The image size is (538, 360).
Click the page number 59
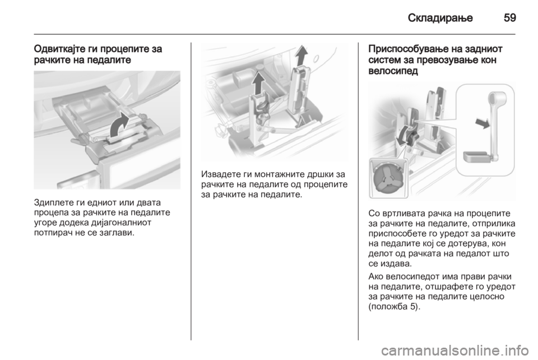coord(510,18)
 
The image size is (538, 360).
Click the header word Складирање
coord(440,18)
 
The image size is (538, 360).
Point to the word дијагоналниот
coord(122,223)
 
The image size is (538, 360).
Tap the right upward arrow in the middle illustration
coord(301,55)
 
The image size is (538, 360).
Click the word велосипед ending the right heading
coord(393,71)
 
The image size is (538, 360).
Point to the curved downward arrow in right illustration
coord(402,136)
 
